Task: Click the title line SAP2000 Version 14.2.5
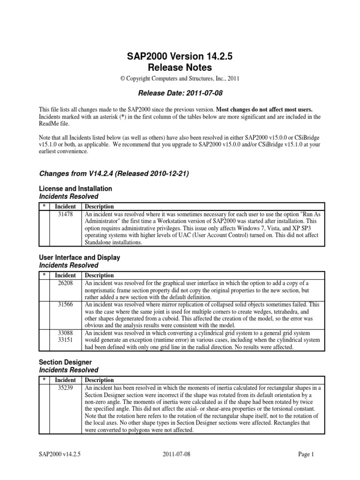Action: click(180, 56)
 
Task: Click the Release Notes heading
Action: click(180, 67)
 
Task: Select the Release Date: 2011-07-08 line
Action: click(180, 93)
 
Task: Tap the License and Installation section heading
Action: click(75, 188)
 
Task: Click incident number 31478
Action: click(65, 213)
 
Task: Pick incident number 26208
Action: click(65, 283)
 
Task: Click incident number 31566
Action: click(65, 304)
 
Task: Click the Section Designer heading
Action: click(65, 362)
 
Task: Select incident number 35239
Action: click(65, 388)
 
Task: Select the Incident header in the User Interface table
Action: click(65, 276)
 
